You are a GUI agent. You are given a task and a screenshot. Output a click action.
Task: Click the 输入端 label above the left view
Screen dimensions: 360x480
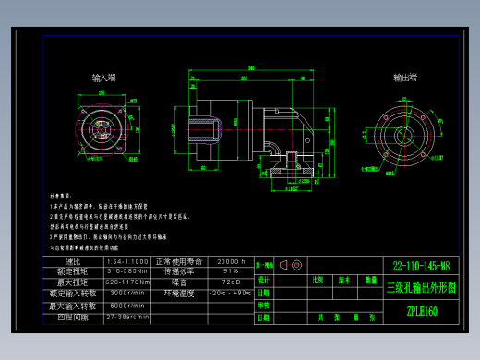103,78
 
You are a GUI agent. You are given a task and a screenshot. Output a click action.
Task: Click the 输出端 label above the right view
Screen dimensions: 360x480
405,78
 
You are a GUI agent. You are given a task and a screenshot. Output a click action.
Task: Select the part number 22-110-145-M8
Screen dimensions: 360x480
421,265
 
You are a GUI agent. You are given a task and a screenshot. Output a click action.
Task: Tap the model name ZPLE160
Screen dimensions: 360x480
421,311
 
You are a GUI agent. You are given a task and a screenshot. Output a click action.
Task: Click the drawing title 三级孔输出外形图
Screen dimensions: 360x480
421,287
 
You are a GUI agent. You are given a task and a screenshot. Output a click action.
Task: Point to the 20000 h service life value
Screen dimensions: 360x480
230,262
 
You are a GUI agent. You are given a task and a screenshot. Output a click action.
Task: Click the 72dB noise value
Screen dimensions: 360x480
230,282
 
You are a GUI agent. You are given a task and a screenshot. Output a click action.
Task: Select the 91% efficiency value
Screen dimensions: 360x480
230,272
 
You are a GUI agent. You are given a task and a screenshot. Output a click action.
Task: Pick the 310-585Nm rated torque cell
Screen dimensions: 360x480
126,272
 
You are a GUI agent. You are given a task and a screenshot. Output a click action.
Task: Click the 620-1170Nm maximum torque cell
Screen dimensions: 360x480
126,282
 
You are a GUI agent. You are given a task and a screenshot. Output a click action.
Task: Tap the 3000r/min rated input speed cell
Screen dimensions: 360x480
126,294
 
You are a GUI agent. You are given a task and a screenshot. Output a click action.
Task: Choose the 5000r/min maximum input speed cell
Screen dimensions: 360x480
126,306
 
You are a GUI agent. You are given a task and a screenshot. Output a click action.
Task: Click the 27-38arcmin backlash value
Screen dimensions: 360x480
126,317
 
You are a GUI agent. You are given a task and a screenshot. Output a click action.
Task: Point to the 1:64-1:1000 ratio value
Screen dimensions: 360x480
126,262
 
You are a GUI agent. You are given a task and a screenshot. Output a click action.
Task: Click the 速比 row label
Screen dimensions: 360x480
73,262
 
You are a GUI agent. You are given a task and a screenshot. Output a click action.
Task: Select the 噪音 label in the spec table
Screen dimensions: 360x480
179,282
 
